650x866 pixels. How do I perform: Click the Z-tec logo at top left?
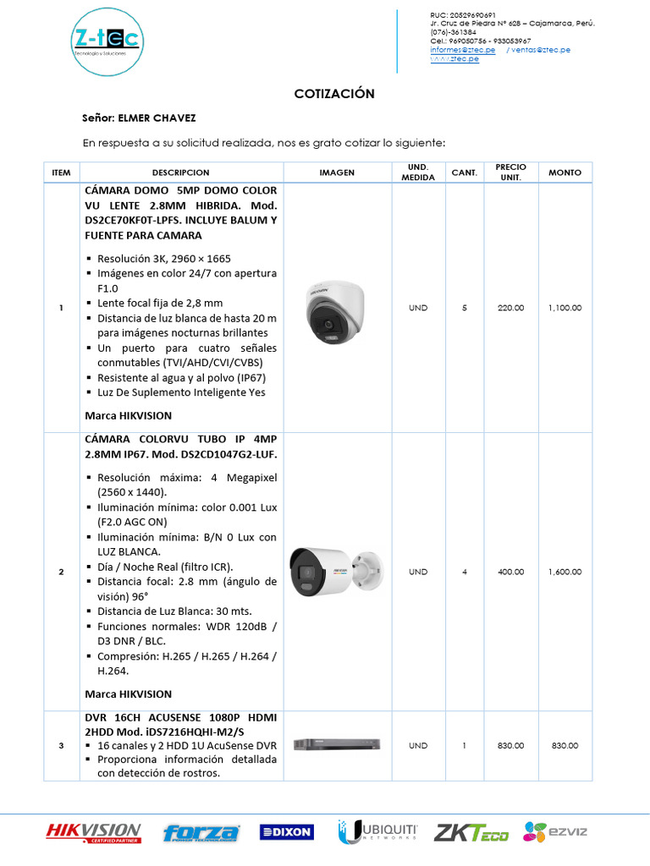tap(107, 41)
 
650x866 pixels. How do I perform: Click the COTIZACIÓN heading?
tap(334, 94)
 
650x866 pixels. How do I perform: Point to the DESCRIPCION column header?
tap(181, 173)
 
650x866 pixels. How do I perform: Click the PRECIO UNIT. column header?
tap(510, 173)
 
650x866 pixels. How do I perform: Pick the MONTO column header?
tap(565, 173)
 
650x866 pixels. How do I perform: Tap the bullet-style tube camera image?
tap(337, 572)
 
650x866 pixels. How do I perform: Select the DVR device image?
tap(337, 745)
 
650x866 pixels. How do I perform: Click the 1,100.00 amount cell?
tap(565, 308)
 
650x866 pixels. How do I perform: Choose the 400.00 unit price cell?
tap(510, 572)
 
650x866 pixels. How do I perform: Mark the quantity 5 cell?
tap(465, 308)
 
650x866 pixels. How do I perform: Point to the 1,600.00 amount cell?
tap(565, 572)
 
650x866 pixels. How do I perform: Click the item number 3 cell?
tap(61, 746)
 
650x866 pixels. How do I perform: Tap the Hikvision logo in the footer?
tap(93, 833)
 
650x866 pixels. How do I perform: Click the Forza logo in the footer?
tap(201, 833)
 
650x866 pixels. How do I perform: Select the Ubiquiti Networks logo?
tap(378, 832)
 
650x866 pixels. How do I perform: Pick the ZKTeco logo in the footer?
tap(471, 833)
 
